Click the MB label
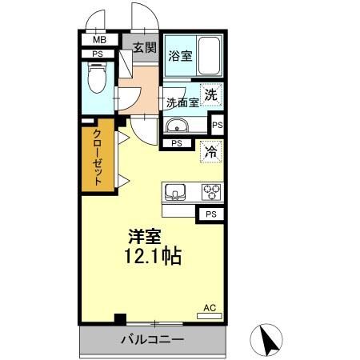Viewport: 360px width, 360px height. [100, 39]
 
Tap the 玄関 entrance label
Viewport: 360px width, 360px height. [144, 48]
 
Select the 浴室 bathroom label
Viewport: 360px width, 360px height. [180, 56]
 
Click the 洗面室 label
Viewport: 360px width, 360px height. [181, 103]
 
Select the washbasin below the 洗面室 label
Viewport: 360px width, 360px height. [178, 125]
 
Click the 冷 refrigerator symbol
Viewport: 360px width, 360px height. [210, 150]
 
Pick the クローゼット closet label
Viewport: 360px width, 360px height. [98, 158]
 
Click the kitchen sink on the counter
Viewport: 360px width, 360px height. [176, 192]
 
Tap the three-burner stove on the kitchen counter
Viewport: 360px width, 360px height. [211, 192]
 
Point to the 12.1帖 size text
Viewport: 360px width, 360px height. [152, 257]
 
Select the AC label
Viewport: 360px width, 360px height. [210, 307]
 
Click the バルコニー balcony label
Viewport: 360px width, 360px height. [152, 339]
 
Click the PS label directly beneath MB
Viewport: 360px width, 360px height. [98, 54]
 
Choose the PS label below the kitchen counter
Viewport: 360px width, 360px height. [210, 214]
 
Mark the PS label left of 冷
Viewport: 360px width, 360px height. [177, 144]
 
